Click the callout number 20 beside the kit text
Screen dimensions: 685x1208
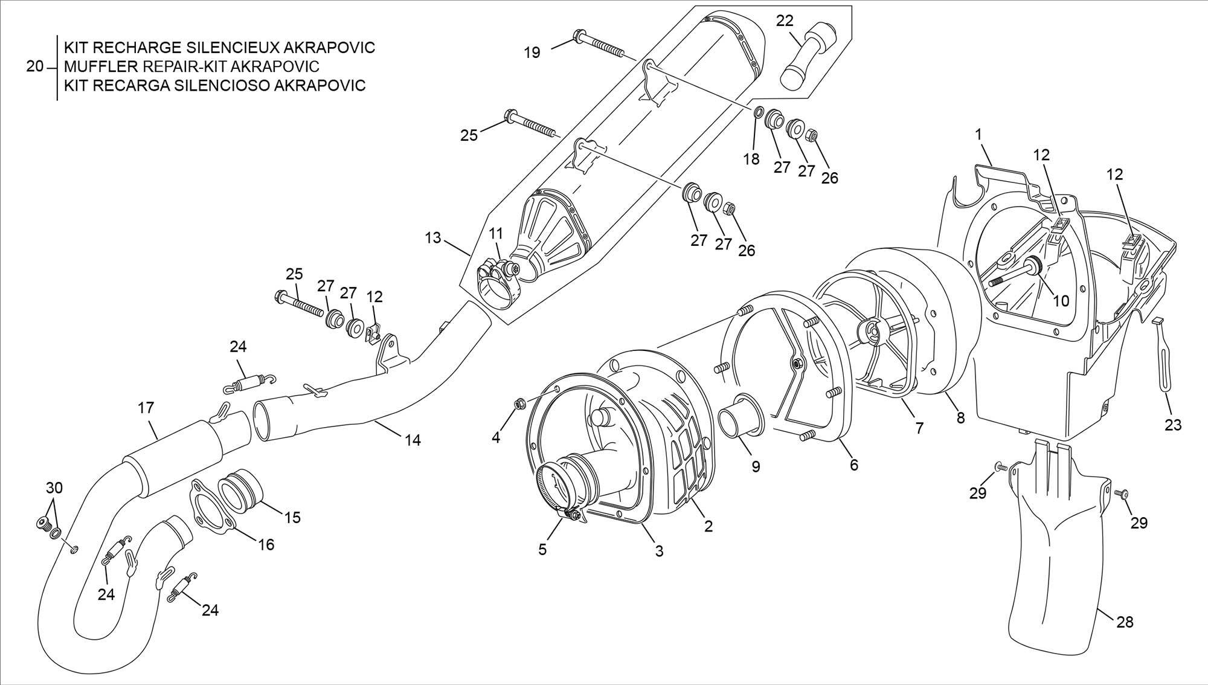[35, 66]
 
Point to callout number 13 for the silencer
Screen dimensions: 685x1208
[433, 238]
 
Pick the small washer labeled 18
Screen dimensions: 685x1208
[758, 113]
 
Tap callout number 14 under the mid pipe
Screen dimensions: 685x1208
[413, 440]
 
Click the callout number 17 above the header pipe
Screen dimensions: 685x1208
[146, 408]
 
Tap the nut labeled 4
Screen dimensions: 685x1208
[518, 404]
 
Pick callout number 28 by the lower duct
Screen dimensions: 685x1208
[1125, 622]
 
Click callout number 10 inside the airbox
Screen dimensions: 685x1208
[1061, 301]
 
